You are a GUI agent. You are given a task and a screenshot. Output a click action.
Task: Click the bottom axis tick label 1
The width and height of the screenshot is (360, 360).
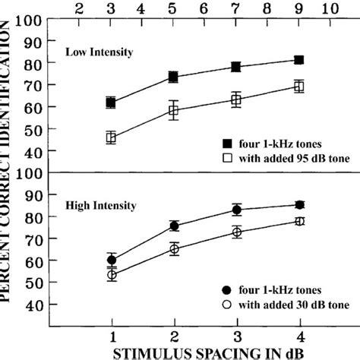pyautogui.click(x=112, y=334)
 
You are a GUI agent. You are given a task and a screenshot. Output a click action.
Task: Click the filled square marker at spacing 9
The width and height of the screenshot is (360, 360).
pyautogui.click(x=299, y=60)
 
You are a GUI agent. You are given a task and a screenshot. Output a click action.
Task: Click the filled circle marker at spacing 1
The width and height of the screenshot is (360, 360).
pyautogui.click(x=112, y=260)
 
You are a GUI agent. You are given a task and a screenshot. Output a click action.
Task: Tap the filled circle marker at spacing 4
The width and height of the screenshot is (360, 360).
pyautogui.click(x=299, y=204)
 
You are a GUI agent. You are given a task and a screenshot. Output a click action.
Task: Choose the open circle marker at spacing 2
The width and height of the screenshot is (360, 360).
pyautogui.click(x=175, y=248)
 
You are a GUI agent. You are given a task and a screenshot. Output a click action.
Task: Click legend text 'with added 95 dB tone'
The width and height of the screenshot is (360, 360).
pyautogui.click(x=296, y=156)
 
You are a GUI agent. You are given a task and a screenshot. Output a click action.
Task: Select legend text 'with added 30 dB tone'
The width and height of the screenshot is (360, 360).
pyautogui.click(x=296, y=305)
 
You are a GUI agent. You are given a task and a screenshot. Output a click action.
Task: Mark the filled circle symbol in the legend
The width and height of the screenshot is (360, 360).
pyautogui.click(x=227, y=290)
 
